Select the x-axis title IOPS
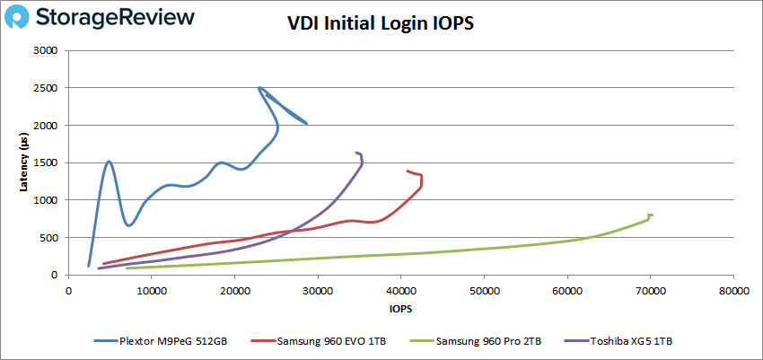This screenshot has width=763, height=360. pos(400,308)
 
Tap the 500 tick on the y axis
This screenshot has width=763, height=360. pos(50,237)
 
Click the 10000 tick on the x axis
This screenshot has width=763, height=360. pos(151,291)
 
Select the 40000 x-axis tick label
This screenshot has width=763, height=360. pos(400,291)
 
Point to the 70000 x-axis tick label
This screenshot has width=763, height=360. pos(650,291)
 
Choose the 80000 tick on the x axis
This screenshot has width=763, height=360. pos(733,291)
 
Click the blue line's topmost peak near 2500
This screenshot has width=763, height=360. pos(259,88)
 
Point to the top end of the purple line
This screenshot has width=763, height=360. pos(356,153)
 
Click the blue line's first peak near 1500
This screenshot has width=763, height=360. pos(109,162)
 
